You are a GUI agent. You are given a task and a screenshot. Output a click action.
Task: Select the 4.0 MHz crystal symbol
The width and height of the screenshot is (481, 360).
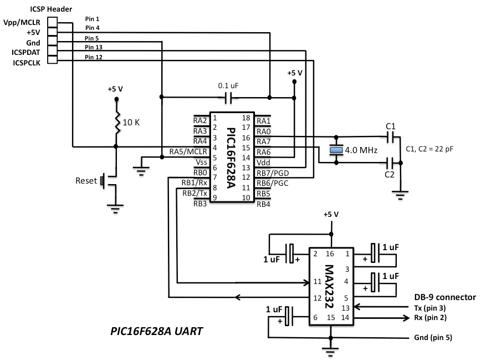[x=335, y=149]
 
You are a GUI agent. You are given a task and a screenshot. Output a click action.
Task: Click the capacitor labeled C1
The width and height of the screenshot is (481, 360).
[x=390, y=136]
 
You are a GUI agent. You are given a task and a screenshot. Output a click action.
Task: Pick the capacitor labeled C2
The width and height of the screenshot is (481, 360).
[x=390, y=163]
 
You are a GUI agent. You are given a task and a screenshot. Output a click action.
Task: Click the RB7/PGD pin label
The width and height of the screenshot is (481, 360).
[x=272, y=173]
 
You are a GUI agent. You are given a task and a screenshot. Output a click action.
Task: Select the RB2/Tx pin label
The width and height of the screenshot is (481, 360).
[x=195, y=193]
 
